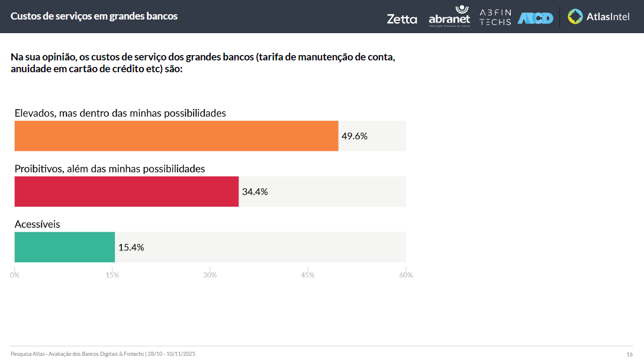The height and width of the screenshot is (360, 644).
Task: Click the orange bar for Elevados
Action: point(176,136)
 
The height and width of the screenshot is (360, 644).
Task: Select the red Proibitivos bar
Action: point(127,191)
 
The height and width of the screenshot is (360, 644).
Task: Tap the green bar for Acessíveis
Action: point(65,247)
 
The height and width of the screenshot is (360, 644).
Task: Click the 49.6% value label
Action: point(355,136)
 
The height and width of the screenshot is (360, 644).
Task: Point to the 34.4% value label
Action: point(255,192)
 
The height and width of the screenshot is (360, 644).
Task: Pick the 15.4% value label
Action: point(131,247)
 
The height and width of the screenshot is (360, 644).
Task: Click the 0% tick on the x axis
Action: point(15,275)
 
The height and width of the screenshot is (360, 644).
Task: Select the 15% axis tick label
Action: point(112,275)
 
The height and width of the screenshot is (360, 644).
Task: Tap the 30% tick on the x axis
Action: point(210,275)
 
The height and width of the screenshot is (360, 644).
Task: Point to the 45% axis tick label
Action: point(308,275)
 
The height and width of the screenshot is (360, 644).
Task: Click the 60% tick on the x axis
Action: point(406,275)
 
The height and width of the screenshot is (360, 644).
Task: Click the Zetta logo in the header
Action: point(402,19)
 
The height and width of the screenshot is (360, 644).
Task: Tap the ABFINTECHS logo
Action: point(495,17)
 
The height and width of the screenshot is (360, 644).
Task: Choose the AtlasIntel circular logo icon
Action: point(575,17)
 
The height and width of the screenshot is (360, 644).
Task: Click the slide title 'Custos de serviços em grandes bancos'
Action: point(94,17)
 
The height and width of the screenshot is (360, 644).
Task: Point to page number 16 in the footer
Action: point(629,354)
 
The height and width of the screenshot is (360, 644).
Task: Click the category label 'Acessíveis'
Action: point(37,224)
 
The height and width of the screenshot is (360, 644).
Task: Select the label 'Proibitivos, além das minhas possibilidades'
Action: point(110,169)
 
